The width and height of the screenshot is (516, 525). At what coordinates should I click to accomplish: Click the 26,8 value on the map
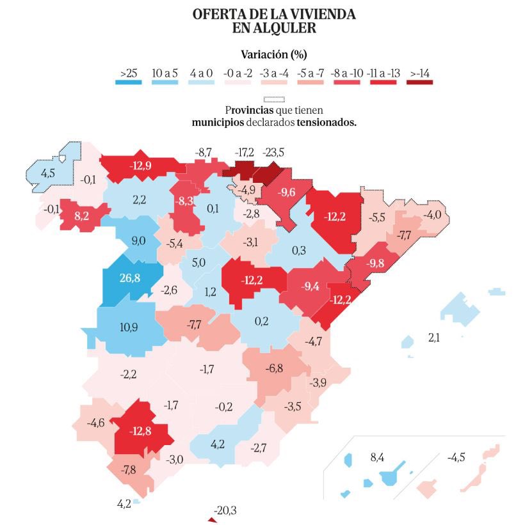(129, 278)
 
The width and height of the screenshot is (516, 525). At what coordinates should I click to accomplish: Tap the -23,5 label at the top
(273, 153)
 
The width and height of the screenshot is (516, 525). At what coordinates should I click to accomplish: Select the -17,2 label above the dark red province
(244, 153)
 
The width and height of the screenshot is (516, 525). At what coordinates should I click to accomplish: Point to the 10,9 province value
(129, 327)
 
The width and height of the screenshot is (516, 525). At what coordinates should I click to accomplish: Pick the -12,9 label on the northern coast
(140, 165)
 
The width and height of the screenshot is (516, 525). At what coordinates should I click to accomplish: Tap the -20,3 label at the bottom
(225, 510)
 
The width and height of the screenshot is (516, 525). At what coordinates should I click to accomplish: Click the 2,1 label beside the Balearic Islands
(433, 338)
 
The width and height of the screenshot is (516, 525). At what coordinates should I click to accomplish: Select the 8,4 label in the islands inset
(377, 457)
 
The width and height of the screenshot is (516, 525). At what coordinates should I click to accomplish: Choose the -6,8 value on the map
(275, 369)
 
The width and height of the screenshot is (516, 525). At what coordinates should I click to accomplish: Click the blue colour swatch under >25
(129, 82)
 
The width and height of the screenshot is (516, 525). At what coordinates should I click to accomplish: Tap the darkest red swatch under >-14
(420, 82)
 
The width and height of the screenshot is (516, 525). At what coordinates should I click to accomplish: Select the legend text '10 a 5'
(165, 73)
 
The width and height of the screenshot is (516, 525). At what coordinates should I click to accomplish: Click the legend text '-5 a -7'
(311, 73)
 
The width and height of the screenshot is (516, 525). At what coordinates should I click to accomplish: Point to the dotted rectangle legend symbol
(273, 99)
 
